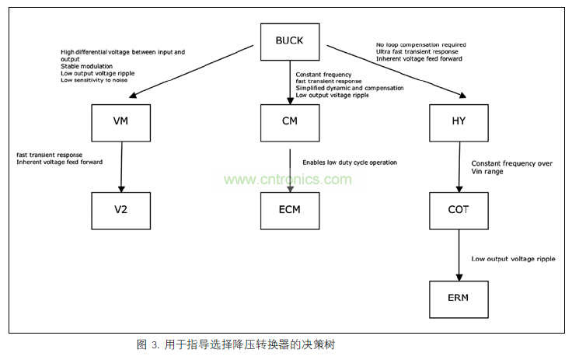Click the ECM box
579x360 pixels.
[289, 209]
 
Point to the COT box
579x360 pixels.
[458, 209]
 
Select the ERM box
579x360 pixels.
[458, 297]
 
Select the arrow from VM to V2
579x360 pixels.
[120, 165]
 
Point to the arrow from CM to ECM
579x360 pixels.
[289, 165]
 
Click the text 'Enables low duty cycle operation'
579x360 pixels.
[350, 163]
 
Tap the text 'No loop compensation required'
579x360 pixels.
[420, 45]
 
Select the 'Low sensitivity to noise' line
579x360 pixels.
[94, 81]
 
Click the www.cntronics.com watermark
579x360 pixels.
[288, 180]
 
